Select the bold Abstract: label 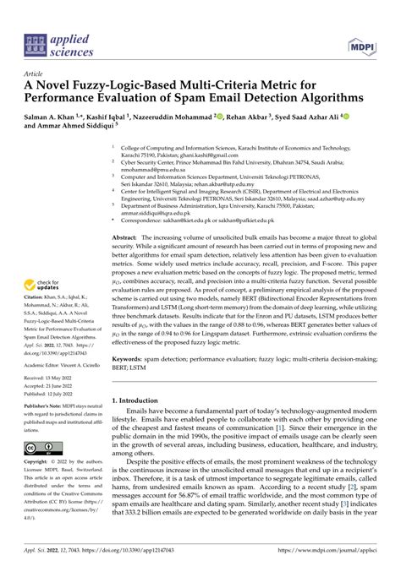128,240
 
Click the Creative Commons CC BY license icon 41,447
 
